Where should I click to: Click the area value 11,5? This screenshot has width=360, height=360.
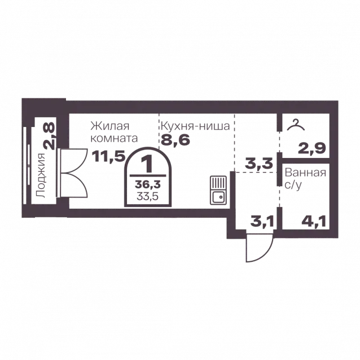[x=108, y=156]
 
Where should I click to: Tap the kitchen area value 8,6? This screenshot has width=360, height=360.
[x=175, y=140]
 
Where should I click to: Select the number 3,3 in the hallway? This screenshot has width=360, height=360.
[x=259, y=163]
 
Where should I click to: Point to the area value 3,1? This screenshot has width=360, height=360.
[x=262, y=222]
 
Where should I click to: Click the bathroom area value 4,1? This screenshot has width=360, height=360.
[x=314, y=222]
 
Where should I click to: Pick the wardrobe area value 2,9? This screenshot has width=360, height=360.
[x=312, y=148]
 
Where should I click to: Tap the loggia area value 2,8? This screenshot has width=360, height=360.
[x=49, y=136]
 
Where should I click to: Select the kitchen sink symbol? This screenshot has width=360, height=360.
[x=218, y=190]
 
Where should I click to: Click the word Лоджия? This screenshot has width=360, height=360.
[x=41, y=175]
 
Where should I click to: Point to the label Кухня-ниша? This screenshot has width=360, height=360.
[x=195, y=126]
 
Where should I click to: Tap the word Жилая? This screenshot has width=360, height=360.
[x=110, y=126]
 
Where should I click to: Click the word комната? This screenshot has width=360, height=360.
[x=115, y=138]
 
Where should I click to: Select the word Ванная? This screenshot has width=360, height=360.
[x=305, y=173]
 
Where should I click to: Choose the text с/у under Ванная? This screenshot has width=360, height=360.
[x=293, y=185]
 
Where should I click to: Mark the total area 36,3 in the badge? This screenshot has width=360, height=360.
[x=148, y=184]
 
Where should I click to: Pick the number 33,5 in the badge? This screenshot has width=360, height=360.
[x=148, y=196]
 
